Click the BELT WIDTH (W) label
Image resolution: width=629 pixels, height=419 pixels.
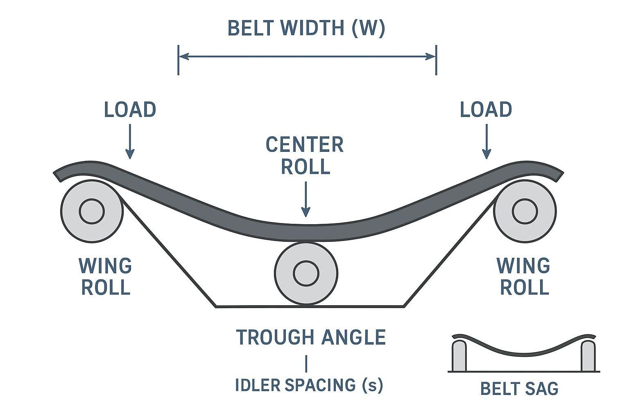[306, 29]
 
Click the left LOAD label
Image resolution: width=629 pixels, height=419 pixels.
[130, 110]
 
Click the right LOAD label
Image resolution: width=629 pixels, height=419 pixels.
[486, 110]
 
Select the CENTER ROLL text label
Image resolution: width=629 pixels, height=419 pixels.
[305, 155]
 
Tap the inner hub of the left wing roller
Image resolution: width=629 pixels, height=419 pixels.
[92, 211]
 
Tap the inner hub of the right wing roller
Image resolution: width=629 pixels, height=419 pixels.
[525, 211]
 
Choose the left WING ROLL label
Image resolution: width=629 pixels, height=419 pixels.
[106, 277]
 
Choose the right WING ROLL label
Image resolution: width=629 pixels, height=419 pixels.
[524, 277]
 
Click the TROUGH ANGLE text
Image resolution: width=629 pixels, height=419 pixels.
[311, 338]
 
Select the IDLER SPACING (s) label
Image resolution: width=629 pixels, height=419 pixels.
[309, 385]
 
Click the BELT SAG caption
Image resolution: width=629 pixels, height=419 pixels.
[519, 389]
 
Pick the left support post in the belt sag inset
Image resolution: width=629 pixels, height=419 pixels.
[459, 356]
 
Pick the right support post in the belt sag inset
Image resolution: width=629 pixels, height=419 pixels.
[588, 356]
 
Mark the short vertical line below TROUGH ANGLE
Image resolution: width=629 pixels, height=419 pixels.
[306, 363]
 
